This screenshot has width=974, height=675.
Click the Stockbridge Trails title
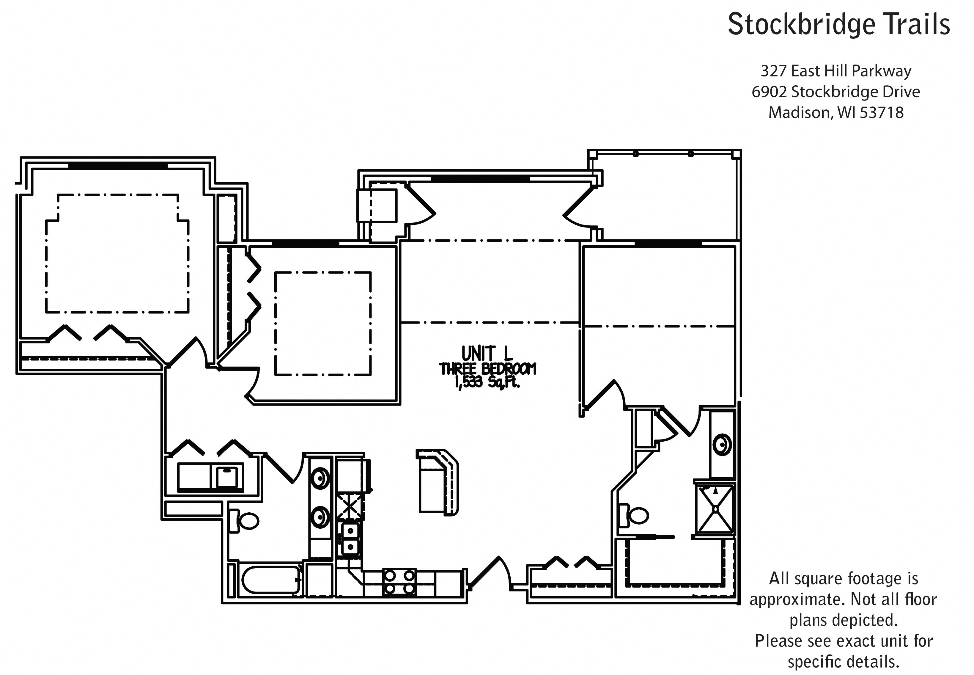point(839,24)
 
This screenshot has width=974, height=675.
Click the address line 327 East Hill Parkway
point(836,71)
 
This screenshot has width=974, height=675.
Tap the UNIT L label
point(487,353)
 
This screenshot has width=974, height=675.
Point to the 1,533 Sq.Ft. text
point(487,382)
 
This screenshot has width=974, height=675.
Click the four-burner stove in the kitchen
point(399,582)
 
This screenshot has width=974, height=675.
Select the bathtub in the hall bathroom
point(271,580)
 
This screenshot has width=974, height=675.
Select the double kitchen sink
point(350,539)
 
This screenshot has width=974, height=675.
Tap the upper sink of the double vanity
point(320,478)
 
